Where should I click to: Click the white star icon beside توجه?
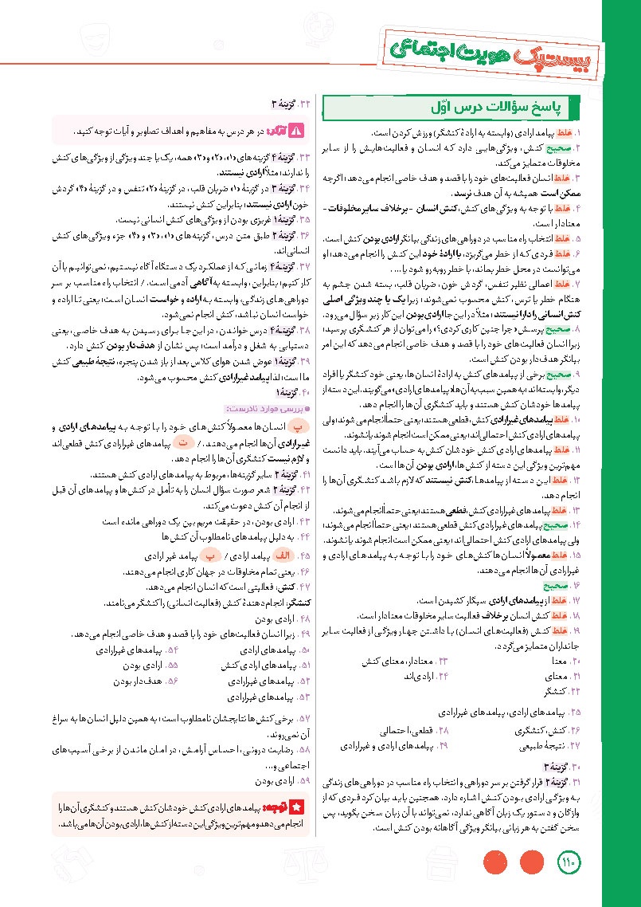pyautogui.click(x=296, y=807)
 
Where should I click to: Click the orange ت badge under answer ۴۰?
pyautogui.click(x=186, y=442)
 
